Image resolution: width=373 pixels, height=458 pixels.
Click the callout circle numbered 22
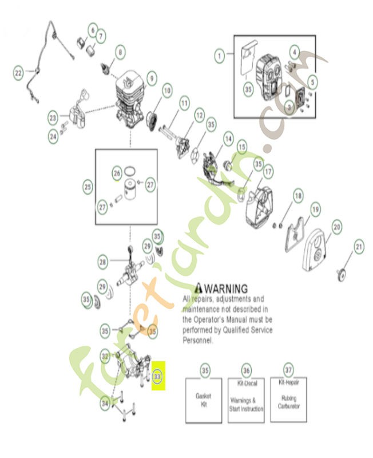pyautogui.click(x=18, y=73)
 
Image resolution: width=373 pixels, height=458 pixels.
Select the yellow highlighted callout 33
pyautogui.click(x=158, y=376)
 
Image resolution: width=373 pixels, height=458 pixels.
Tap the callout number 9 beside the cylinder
pyautogui.click(x=151, y=77)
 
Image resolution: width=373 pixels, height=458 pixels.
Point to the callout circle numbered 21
pyautogui.click(x=359, y=247)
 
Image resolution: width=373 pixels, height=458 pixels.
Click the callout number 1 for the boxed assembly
pyautogui.click(x=219, y=56)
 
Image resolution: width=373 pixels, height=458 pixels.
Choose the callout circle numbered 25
pyautogui.click(x=88, y=187)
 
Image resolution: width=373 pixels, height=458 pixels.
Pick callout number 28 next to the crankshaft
pyautogui.click(x=103, y=262)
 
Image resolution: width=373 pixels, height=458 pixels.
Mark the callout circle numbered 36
pyautogui.click(x=246, y=371)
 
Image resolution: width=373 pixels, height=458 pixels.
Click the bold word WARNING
pyautogui.click(x=226, y=288)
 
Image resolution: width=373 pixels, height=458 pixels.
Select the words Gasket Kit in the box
pyautogui.click(x=204, y=400)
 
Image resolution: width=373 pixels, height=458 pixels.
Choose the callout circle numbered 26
pyautogui.click(x=117, y=173)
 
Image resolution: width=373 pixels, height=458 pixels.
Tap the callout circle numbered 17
pyautogui.click(x=268, y=171)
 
